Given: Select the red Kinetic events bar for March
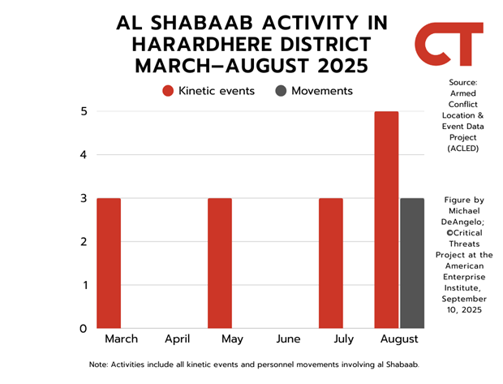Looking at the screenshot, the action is click(x=109, y=263).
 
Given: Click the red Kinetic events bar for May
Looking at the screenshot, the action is click(x=220, y=263).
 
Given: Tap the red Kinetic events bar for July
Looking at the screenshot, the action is click(x=331, y=263).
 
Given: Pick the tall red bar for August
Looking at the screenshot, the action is click(x=386, y=220).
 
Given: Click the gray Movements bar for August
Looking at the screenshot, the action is click(x=412, y=263).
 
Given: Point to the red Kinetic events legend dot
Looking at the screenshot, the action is click(x=168, y=91).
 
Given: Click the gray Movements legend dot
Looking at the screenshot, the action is click(x=281, y=91).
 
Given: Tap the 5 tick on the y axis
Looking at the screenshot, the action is click(x=84, y=111).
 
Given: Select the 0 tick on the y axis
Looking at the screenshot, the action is click(x=84, y=329).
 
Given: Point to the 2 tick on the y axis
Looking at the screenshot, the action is click(x=84, y=241).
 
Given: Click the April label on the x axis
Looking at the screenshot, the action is click(x=178, y=339).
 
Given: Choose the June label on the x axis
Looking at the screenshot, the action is click(x=288, y=339).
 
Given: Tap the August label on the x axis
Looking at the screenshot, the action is click(x=399, y=339).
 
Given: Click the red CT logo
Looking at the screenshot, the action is click(x=449, y=44).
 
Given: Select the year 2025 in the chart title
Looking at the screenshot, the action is click(x=342, y=66).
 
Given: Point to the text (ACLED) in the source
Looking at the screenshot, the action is click(x=463, y=149).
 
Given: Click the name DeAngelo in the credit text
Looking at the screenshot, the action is click(x=462, y=222).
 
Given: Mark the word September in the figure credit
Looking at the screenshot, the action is click(x=464, y=300).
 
